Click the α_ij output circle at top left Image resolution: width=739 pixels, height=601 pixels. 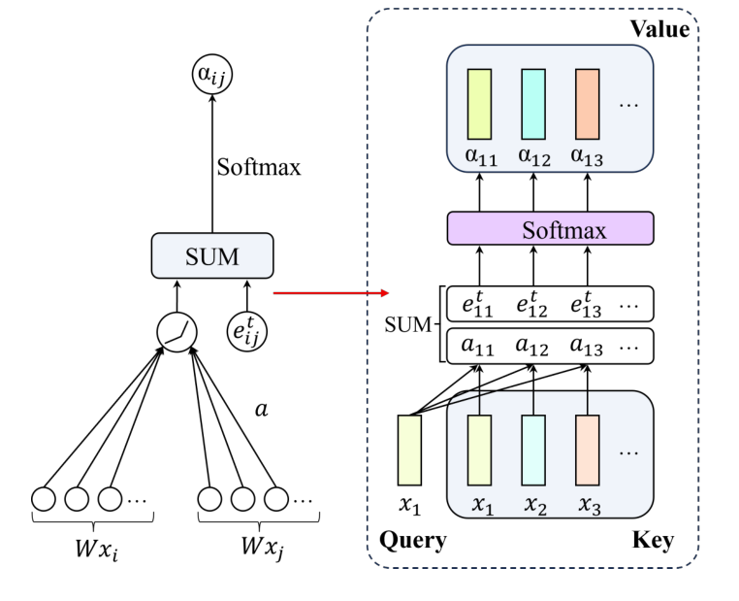coord(212,73)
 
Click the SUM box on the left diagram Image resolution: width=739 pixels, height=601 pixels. coord(211,255)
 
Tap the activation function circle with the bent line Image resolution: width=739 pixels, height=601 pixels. coord(177,331)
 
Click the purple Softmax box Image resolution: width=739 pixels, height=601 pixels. coord(550,229)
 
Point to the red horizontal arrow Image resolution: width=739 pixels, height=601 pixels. coord(330,292)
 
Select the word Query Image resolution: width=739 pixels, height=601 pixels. coord(413,540)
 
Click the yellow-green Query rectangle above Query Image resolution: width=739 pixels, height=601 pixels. coord(410,450)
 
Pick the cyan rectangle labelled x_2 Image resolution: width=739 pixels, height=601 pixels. coord(533,450)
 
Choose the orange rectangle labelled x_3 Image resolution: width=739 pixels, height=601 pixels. coord(588,450)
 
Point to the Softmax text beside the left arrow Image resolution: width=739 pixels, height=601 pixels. coord(259,167)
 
